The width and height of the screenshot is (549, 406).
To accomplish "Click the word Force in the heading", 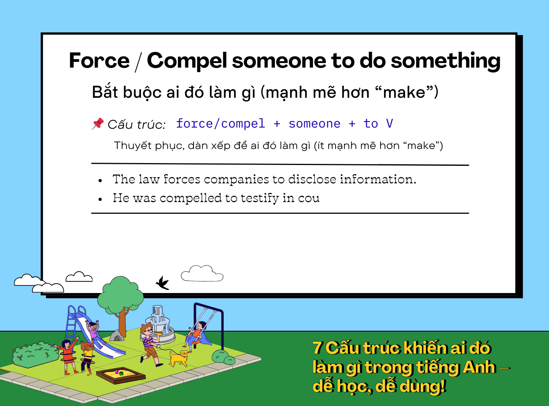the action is pos(99,60).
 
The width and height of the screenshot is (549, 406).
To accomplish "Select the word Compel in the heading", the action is pos(187,61).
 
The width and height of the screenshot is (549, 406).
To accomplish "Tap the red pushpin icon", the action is pos(97,124).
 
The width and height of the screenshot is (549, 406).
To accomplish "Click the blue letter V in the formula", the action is pos(389,124).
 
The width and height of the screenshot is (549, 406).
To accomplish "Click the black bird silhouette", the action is pos(163,283).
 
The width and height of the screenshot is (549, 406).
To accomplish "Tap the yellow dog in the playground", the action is pos(178,358).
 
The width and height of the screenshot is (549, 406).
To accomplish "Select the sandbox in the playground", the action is pos(121,375).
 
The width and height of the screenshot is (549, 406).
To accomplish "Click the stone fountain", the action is pos(158,325).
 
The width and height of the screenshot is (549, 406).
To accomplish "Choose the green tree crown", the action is pos(120,294).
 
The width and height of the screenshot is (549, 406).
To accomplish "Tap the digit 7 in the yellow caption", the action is pos(318,348).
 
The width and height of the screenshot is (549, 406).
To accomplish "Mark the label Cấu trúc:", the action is pos(136,125).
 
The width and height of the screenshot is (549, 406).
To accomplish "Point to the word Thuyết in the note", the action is pos(133,146).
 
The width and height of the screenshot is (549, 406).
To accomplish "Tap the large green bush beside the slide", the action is pos(36,354).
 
